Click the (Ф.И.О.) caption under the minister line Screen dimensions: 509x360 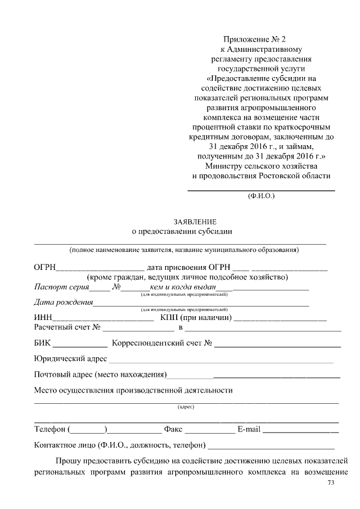click(261, 196)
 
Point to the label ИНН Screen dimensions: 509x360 click(43, 318)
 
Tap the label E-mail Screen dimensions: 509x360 click(249, 430)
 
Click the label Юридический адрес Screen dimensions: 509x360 click(70, 359)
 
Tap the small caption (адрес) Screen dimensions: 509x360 click(186, 407)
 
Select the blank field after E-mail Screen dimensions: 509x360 click(300, 432)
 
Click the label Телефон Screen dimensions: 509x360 click(50, 430)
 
